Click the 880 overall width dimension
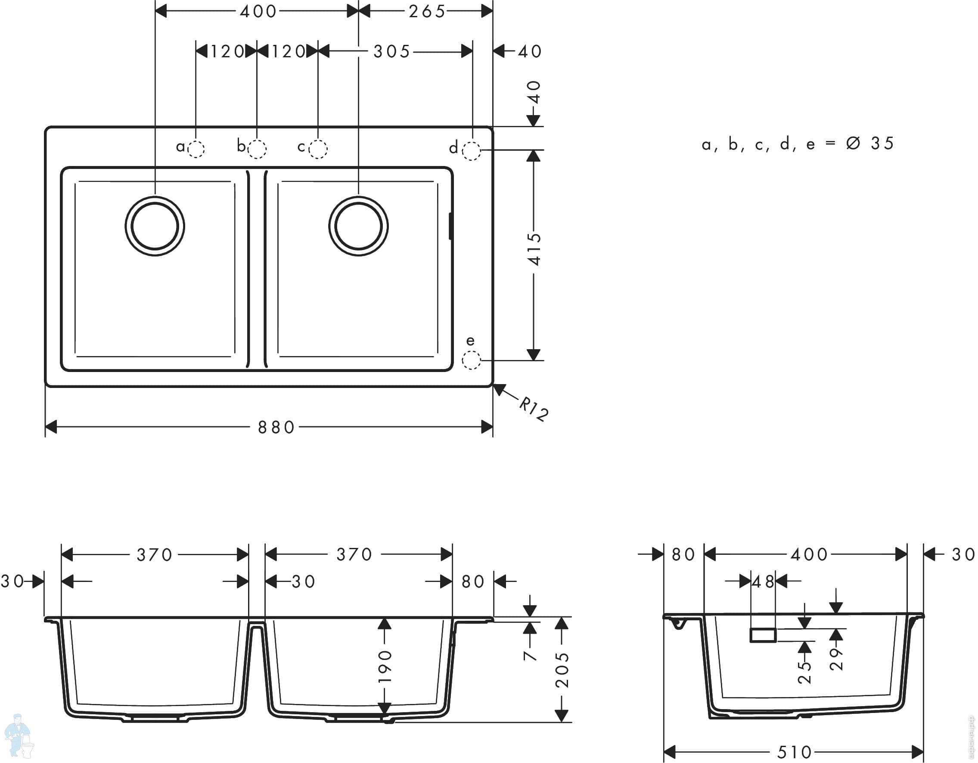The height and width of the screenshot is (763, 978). click(x=276, y=427)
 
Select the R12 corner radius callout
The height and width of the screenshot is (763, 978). click(x=534, y=408)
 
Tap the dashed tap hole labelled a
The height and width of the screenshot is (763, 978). click(x=196, y=149)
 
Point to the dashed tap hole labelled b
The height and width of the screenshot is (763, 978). click(x=257, y=149)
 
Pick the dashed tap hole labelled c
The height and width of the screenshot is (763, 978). click(x=318, y=149)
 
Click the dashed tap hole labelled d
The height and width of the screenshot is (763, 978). click(x=471, y=150)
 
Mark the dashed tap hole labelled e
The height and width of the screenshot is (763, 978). click(x=471, y=360)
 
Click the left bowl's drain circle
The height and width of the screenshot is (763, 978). click(x=155, y=226)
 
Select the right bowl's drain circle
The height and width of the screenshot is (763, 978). click(x=358, y=226)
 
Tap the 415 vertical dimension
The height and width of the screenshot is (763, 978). click(x=534, y=249)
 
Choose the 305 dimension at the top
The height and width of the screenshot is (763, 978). click(x=392, y=52)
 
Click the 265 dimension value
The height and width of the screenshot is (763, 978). click(x=427, y=11)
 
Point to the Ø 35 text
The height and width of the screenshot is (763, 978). click(x=870, y=144)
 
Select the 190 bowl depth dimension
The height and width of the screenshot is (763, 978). click(x=385, y=666)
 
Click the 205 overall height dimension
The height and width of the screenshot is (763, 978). click(x=562, y=670)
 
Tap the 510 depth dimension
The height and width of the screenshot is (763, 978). click(x=795, y=752)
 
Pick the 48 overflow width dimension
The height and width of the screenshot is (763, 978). click(x=763, y=582)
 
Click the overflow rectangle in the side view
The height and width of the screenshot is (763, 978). click(x=763, y=635)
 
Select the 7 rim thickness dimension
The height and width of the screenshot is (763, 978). click(x=530, y=655)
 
